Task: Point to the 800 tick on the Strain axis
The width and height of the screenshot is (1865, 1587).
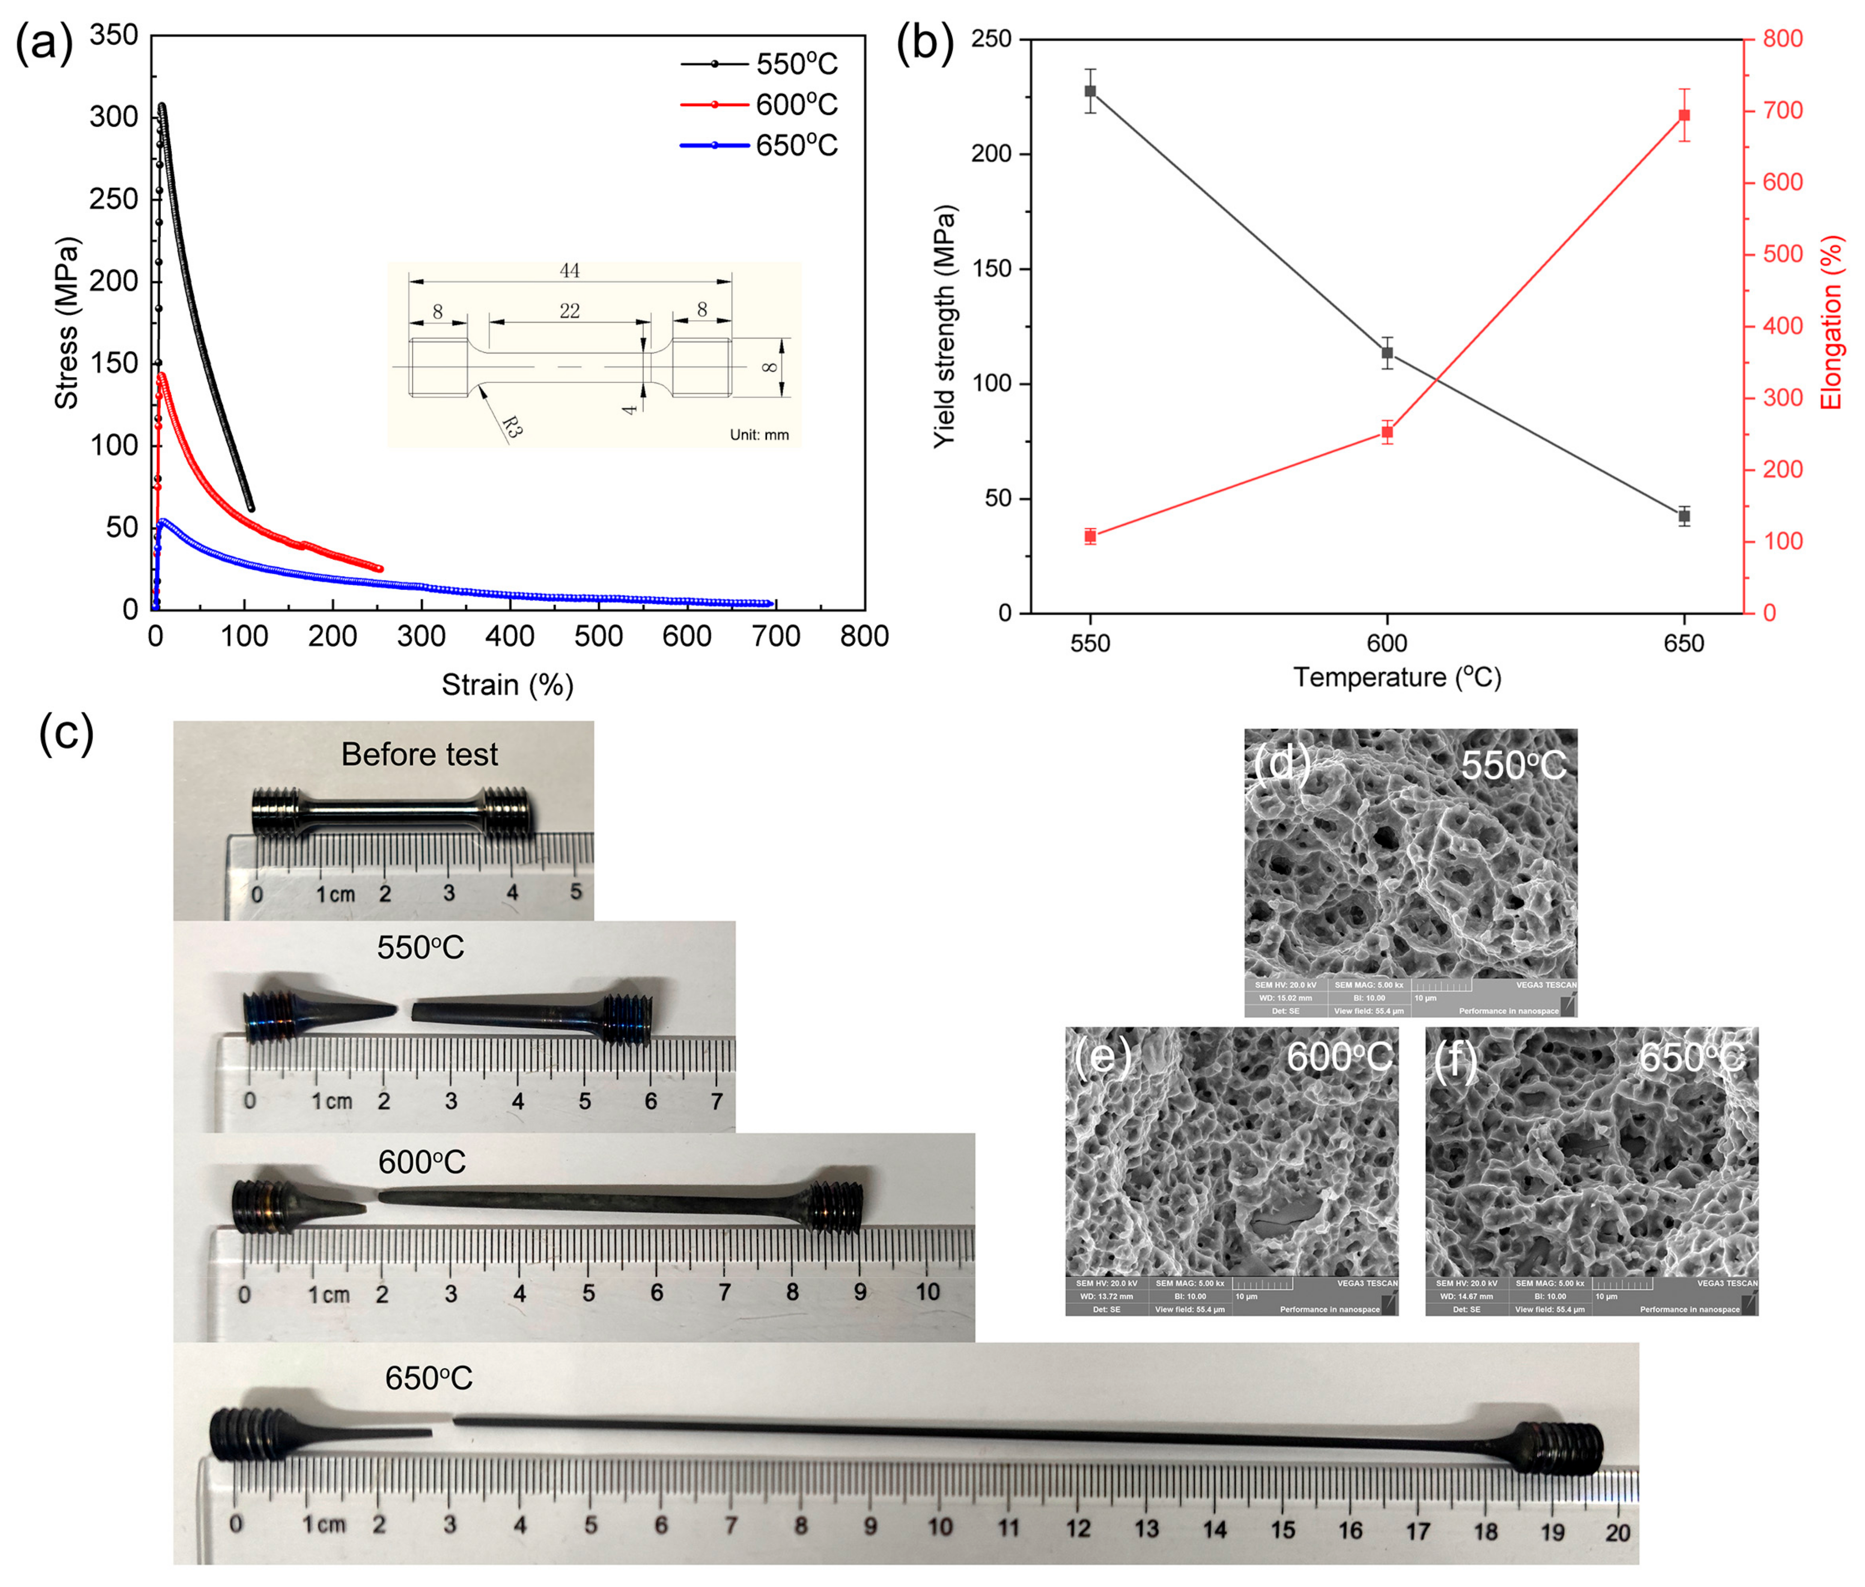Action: [864, 636]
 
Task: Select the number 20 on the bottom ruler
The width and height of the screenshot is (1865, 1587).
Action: [1617, 1532]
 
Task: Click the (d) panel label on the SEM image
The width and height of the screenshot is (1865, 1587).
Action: [1281, 763]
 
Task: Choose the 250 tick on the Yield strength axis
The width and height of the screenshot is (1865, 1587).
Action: [992, 39]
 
